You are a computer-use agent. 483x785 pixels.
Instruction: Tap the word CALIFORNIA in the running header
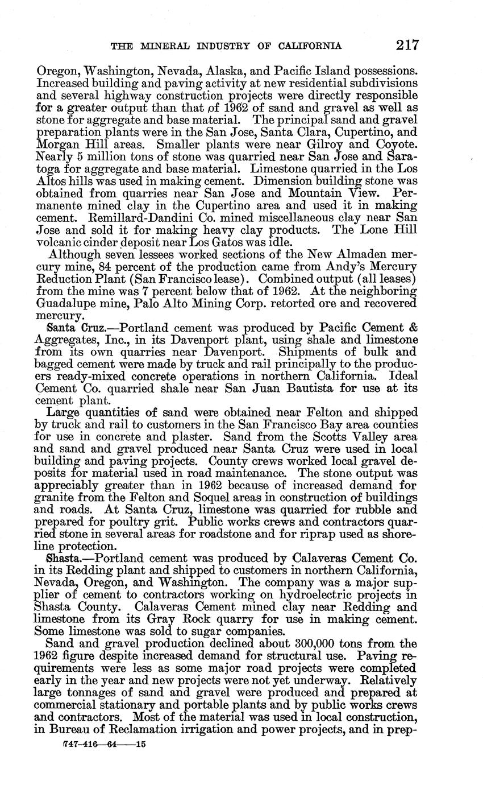(306, 46)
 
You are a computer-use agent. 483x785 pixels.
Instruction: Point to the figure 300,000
(310, 643)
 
